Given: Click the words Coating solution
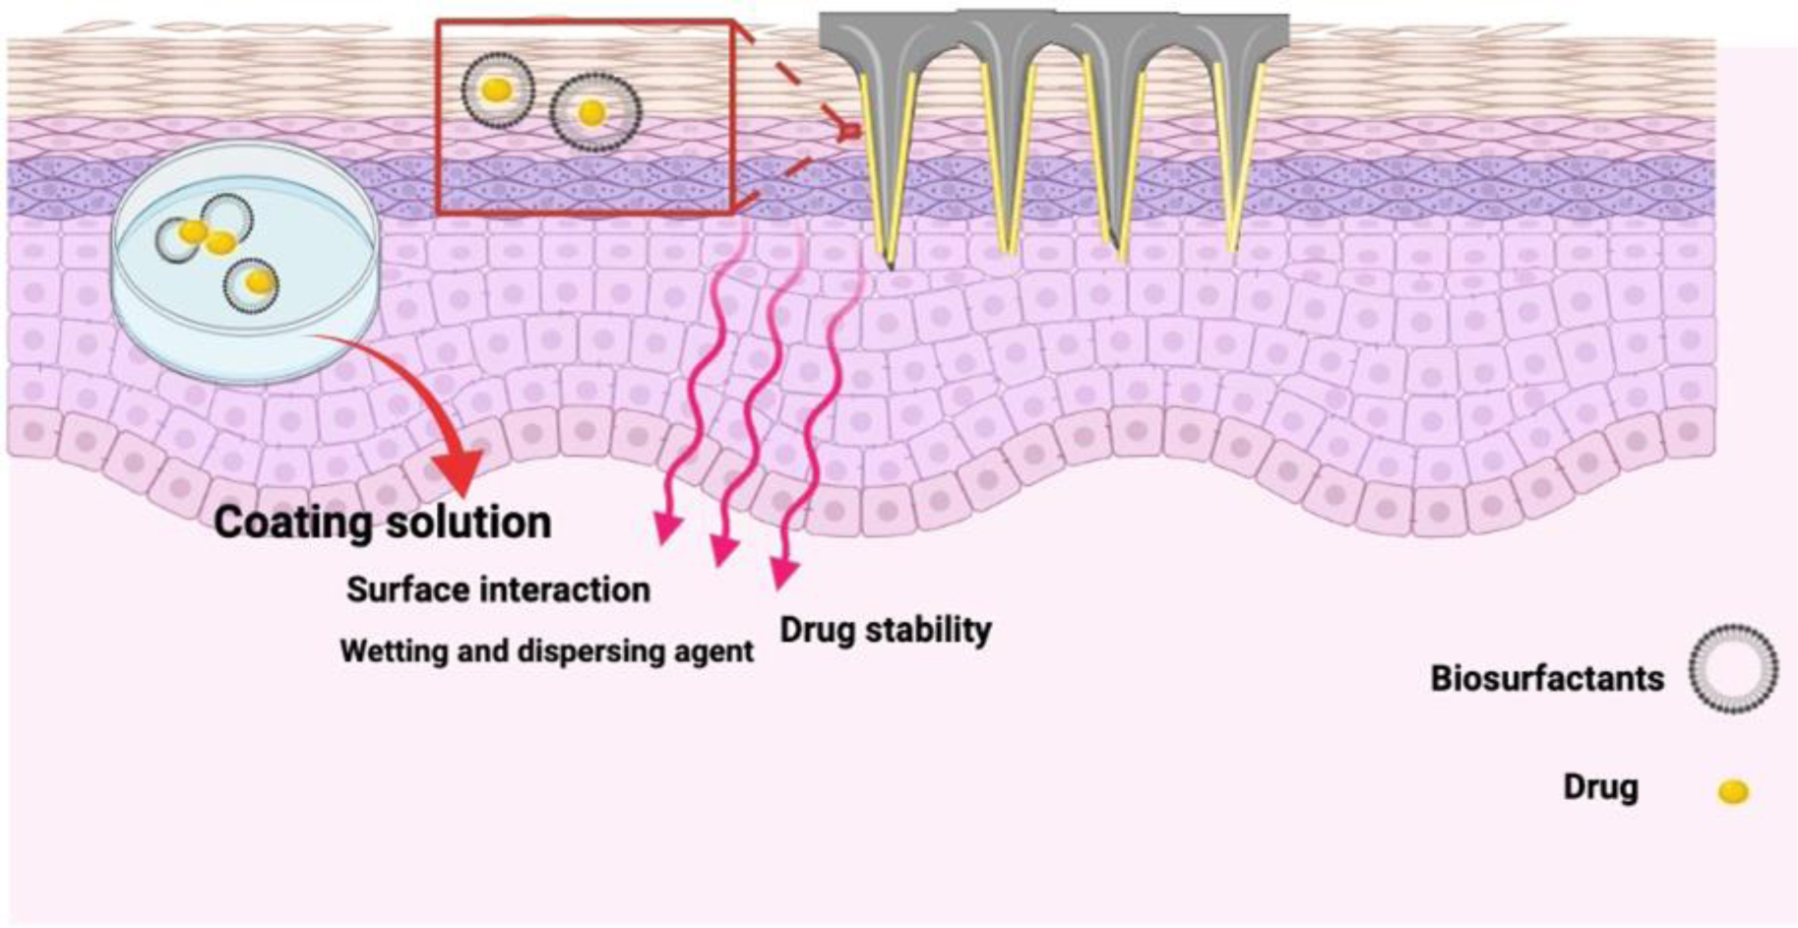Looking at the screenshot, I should [x=382, y=522].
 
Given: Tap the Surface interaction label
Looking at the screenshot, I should [x=498, y=589].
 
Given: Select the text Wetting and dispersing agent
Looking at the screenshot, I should [x=546, y=650].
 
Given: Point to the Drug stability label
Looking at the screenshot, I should [x=886, y=630].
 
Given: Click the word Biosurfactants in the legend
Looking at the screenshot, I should [x=1547, y=678].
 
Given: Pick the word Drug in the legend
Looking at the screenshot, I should [x=1600, y=787].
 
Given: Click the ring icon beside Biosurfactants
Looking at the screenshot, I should [x=1734, y=668].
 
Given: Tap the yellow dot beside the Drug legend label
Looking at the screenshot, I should [x=1733, y=791].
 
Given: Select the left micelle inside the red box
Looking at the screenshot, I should [x=498, y=90].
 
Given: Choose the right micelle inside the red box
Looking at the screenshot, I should [x=593, y=112].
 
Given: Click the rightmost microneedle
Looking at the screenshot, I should [x=1234, y=148].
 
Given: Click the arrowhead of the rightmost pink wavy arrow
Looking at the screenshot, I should [x=784, y=572].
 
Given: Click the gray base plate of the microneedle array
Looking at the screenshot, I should [x=1053, y=31].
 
